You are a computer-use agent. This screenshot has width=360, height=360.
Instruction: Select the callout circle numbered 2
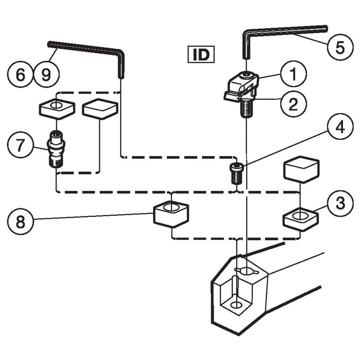coord(293,102)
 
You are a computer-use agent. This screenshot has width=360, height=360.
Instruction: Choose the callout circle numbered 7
coord(20,146)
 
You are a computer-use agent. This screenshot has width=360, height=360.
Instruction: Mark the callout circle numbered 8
coord(20,221)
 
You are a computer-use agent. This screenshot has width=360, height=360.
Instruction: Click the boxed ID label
coord(201,55)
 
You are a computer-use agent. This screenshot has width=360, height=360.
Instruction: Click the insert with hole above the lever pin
coord(57,108)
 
